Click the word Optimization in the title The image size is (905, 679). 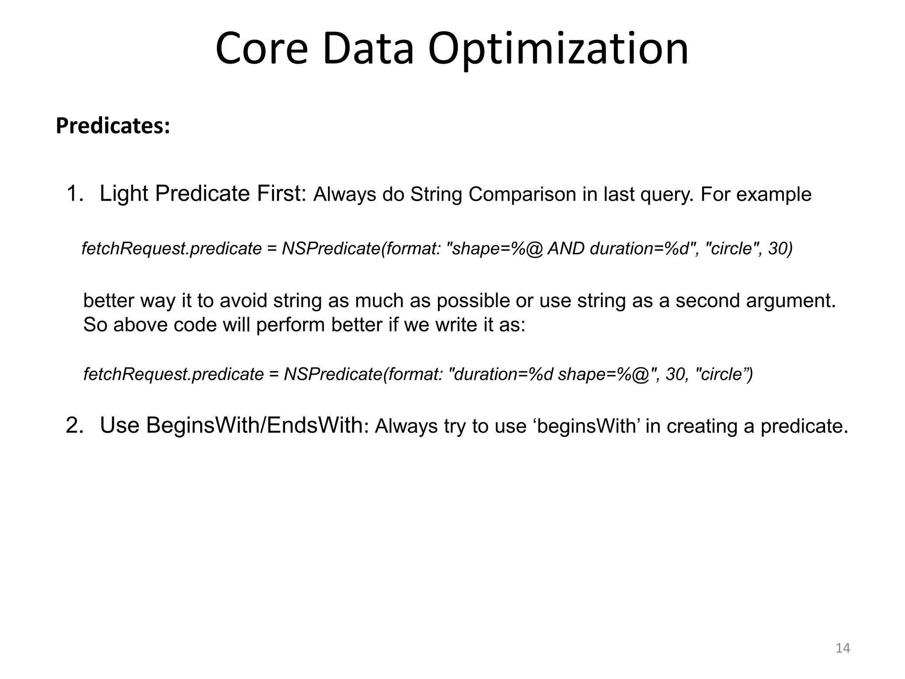pyautogui.click(x=558, y=50)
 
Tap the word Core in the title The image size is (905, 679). pyautogui.click(x=262, y=49)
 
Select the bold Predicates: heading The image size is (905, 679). pyautogui.click(x=113, y=126)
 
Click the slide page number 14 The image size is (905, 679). pyautogui.click(x=843, y=648)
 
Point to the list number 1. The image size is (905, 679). pyautogui.click(x=75, y=194)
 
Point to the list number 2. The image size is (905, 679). pyautogui.click(x=75, y=426)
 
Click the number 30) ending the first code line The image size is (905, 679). pyautogui.click(x=780, y=249)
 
